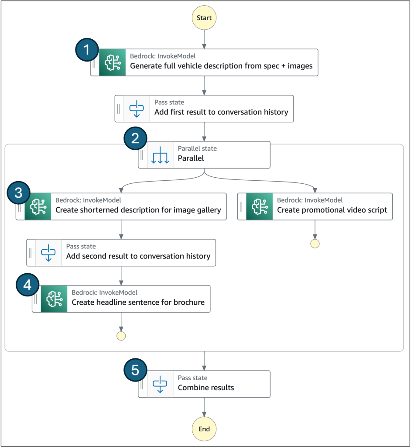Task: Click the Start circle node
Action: coord(204,18)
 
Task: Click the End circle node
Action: coord(204,429)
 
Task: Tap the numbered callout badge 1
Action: coord(88,50)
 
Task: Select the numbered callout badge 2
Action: coord(135,139)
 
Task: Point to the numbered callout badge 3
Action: coord(19,193)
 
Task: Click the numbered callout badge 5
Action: coord(135,370)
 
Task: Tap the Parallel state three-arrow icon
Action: coord(160,155)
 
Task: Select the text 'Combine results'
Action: coord(206,388)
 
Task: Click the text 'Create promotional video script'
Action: coord(332,210)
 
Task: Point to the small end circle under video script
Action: coord(315,244)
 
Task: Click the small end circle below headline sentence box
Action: coord(121,336)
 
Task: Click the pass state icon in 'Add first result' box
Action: coord(137,108)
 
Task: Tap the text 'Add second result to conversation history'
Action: coord(138,256)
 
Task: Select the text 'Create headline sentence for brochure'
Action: coord(138,302)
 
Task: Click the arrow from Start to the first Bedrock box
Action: coord(204,40)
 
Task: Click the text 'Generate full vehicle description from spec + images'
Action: coord(221,66)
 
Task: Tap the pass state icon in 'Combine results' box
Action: coord(160,384)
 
